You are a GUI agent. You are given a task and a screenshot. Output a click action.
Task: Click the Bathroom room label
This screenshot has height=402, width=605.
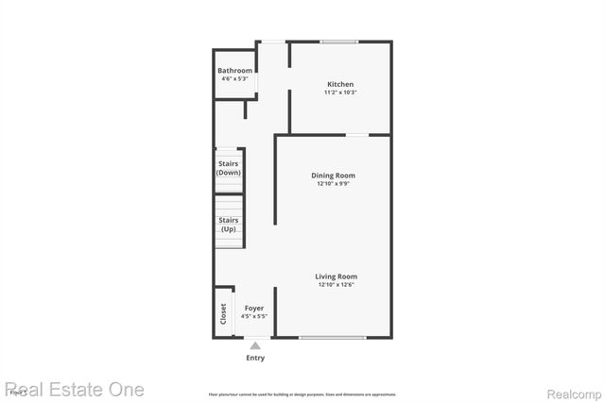coord(234,71)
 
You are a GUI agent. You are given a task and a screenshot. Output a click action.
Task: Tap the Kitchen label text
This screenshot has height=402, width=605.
coord(340,84)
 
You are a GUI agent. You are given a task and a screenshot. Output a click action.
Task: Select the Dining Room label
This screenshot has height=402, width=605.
coord(334,176)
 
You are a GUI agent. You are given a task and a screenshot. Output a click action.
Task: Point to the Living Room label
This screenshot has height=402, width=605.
coord(337,276)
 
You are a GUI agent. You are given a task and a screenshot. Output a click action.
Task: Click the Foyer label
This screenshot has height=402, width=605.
coord(254,309)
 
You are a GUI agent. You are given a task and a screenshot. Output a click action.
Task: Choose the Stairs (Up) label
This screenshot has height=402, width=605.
coord(229,225)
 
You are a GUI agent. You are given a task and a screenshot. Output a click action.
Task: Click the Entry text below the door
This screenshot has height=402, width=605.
coord(255,358)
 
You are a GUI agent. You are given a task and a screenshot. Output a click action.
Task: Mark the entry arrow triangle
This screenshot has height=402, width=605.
coord(254,345)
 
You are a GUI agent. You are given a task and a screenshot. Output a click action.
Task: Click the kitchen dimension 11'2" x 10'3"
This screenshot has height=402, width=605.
coord(340,92)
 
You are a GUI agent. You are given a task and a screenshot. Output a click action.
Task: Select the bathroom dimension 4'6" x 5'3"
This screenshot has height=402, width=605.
coord(234,78)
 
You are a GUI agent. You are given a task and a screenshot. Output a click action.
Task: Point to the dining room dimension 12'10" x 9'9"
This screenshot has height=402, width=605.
coord(334,184)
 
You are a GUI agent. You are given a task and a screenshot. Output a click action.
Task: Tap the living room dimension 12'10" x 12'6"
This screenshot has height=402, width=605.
coord(337,284)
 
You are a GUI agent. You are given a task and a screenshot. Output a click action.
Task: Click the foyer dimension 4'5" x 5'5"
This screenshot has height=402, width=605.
coord(254,316)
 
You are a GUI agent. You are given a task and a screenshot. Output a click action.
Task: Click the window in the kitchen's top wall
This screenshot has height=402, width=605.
coord(338,42)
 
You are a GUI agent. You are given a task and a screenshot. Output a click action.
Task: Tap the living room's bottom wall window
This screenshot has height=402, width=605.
coord(333,337)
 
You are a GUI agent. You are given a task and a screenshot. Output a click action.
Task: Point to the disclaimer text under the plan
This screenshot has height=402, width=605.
coord(302,394)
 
